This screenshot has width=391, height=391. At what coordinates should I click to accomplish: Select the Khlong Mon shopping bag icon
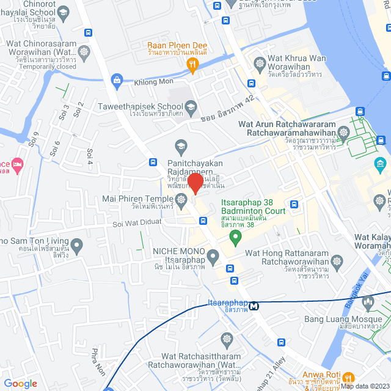point(116,79)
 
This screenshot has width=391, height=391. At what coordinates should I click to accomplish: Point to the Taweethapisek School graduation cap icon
point(191,107)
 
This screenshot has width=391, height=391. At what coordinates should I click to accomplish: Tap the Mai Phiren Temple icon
point(181,199)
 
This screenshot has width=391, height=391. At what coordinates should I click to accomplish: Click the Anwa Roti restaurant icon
point(348,377)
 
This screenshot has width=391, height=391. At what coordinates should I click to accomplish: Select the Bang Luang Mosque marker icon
point(368,302)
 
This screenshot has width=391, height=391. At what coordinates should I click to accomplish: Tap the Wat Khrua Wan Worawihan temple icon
point(260,63)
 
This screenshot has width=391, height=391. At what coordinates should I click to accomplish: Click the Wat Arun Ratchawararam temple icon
point(344,131)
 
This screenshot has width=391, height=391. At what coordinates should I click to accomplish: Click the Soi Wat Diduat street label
point(136,224)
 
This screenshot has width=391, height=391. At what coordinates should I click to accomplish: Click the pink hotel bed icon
point(17,165)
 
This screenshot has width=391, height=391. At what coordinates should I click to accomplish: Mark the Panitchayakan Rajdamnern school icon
point(180,145)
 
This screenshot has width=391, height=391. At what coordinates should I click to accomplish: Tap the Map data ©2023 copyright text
point(364,386)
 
